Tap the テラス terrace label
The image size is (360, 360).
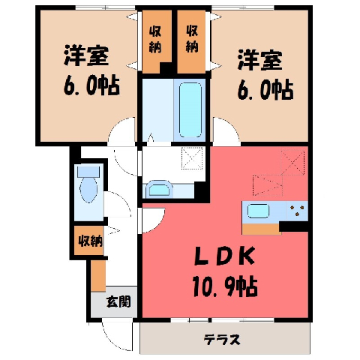pos(222,340)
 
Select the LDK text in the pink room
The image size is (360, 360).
pos(225,256)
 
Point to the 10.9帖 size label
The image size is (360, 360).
pos(225,286)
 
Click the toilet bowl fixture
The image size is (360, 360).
pos(88,185)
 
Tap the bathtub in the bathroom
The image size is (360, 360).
pos(190,110)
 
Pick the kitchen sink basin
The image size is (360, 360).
pos(258,211)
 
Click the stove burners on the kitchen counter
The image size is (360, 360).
pos(297,211)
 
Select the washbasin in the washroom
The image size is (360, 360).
pos(159,189)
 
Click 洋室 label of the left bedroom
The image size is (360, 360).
pos(86,55)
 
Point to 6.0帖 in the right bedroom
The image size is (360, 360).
pos(265,90)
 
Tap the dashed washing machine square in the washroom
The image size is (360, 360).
pos(192,158)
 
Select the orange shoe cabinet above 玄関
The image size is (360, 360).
pos(98,276)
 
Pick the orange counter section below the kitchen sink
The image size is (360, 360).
pos(261,229)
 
